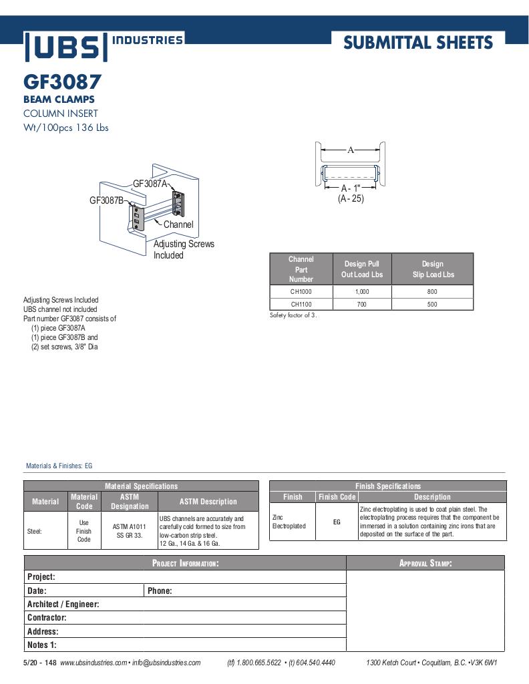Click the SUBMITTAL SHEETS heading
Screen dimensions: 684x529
pyautogui.click(x=418, y=43)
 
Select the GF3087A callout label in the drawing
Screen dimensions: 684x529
pyautogui.click(x=150, y=184)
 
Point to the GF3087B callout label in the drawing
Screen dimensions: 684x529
pyautogui.click(x=107, y=200)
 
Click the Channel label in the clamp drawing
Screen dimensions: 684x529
pyautogui.click(x=178, y=224)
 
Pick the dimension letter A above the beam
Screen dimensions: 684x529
pyautogui.click(x=351, y=150)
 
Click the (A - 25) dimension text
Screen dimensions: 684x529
pyautogui.click(x=351, y=199)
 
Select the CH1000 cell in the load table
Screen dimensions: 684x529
pyautogui.click(x=301, y=292)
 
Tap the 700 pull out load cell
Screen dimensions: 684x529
pyautogui.click(x=361, y=304)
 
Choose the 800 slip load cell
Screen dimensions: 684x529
pyautogui.click(x=432, y=292)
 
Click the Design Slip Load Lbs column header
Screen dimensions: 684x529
pyautogui.click(x=432, y=269)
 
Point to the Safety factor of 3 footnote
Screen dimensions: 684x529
pyautogui.click(x=293, y=315)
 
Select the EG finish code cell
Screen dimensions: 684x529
pyautogui.click(x=337, y=522)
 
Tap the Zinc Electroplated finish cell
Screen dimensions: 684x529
pyautogui.click(x=289, y=522)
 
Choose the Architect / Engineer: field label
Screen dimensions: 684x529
pyautogui.click(x=63, y=604)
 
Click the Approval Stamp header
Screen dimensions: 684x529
pyautogui.click(x=425, y=563)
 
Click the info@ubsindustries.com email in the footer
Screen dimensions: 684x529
pyautogui.click(x=166, y=663)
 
